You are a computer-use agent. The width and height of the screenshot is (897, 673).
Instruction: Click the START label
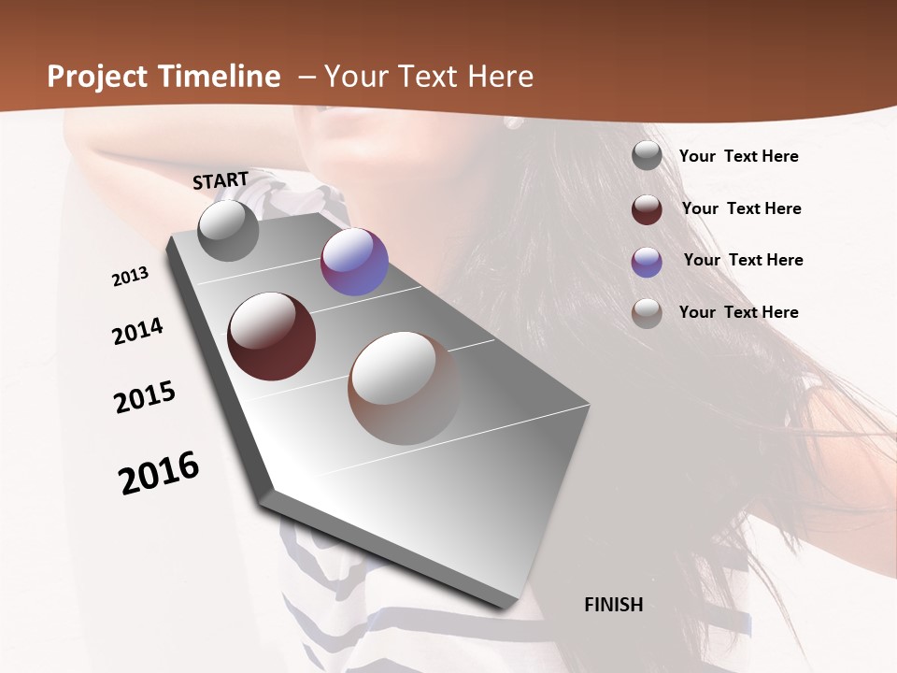[x=221, y=180]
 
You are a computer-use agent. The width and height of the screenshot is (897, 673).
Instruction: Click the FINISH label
[x=613, y=605]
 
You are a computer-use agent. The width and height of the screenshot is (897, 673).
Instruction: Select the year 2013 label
[x=130, y=277]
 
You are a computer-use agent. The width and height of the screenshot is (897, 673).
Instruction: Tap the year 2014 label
[x=137, y=332]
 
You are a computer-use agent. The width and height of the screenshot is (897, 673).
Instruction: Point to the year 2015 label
[x=145, y=397]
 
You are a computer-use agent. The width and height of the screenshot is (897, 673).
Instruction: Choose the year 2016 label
[x=159, y=473]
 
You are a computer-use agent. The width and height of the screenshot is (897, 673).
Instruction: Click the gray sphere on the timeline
[x=228, y=230]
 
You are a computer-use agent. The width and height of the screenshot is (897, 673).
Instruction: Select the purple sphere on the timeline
[x=354, y=262]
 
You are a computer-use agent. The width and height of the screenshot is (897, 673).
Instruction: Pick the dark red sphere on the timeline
[x=271, y=336]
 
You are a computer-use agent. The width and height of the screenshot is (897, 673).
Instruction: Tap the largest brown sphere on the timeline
[x=405, y=388]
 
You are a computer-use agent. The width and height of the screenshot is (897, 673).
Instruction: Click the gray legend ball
[x=647, y=156]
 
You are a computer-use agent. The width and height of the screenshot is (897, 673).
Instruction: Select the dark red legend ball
[x=647, y=209]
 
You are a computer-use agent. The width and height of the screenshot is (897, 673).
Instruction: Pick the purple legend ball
[x=647, y=262]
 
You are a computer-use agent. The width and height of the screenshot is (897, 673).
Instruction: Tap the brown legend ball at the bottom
[x=647, y=313]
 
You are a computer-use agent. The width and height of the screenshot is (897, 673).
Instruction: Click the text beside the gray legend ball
[x=738, y=156]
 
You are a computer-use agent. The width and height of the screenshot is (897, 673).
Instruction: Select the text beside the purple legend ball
[x=743, y=260]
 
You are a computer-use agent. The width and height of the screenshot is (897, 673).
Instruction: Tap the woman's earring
[x=513, y=122]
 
